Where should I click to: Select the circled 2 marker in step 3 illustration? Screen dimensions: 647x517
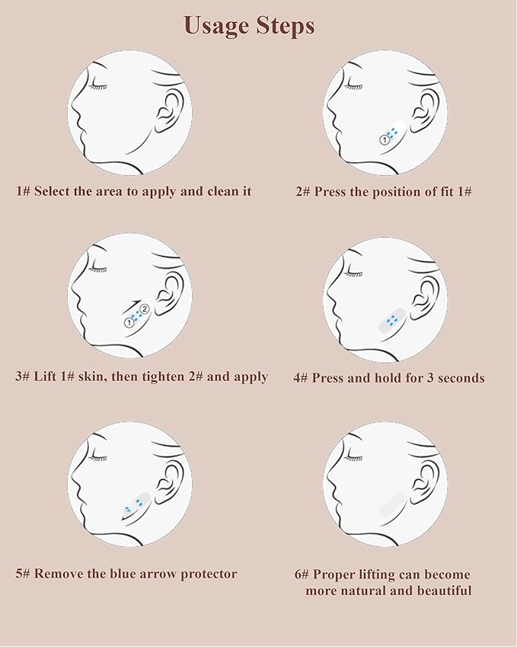tap(144, 308)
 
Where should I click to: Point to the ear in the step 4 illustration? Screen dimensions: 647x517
tap(424, 295)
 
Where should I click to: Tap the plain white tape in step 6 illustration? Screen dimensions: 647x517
tap(391, 503)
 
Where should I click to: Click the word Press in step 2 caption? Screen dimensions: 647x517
tap(330, 191)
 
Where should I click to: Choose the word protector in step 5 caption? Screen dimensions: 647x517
tap(205, 575)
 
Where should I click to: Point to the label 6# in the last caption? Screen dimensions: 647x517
tap(302, 574)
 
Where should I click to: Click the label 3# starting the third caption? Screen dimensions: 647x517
tap(23, 376)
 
